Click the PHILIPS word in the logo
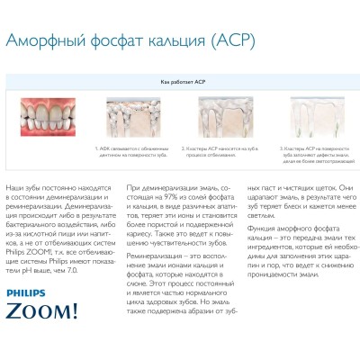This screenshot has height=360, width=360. (30, 293)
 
